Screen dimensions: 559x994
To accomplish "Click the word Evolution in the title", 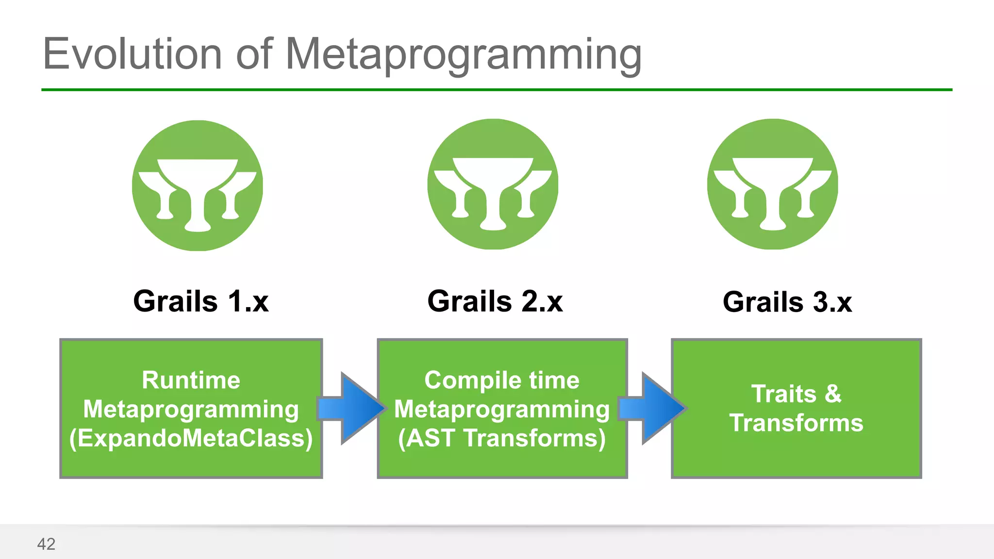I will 132,54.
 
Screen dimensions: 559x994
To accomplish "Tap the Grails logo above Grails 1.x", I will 198,185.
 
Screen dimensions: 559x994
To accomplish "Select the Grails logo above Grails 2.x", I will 493,184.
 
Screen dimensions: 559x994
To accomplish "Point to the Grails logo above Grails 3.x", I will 772,184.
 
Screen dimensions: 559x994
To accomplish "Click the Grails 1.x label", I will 201,302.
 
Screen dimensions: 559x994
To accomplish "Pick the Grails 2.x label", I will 495,302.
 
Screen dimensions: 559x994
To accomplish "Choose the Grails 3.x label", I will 787,302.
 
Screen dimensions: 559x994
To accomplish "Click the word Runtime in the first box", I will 191,380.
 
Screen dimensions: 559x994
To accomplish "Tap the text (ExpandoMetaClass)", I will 191,438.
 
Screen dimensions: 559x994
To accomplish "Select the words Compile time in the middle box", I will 502,380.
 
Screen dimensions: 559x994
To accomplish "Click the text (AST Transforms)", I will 502,438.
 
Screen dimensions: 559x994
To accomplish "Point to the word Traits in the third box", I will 783,394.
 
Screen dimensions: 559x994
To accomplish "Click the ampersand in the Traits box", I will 833,394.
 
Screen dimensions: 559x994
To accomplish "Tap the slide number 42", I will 46,544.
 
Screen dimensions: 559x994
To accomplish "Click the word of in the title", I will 254,54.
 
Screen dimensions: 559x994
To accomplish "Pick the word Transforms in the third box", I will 796,423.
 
